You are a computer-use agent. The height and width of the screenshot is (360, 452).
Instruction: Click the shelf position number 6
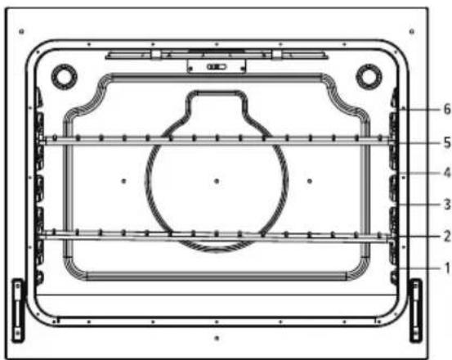[447, 110]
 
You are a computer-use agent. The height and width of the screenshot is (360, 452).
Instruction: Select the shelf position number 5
[447, 142]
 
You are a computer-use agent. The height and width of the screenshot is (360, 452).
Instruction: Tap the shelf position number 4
[447, 173]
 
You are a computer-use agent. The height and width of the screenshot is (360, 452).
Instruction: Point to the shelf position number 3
[447, 205]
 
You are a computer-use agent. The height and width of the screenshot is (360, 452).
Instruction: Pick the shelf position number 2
[447, 236]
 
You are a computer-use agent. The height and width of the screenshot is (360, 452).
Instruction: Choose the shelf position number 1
[448, 268]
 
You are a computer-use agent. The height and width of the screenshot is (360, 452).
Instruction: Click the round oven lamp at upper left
[64, 77]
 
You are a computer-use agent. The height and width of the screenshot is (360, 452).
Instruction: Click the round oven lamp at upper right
[369, 77]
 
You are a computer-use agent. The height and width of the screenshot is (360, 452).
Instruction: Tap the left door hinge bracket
[18, 310]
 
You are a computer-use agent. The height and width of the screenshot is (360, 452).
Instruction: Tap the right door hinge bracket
[416, 310]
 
